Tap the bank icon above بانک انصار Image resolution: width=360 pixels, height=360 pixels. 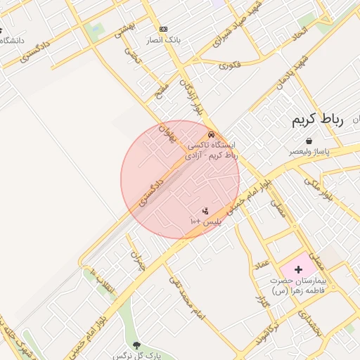point(164,29)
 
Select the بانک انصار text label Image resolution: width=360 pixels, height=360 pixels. point(165,39)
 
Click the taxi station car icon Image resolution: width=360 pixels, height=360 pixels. point(211,135)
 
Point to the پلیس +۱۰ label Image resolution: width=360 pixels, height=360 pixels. point(205,221)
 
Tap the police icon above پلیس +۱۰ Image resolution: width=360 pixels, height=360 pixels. point(205,211)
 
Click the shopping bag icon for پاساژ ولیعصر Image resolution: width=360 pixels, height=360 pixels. point(309,141)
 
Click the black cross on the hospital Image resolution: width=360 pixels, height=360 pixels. point(298,269)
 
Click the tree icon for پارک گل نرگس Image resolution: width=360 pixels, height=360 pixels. point(136,345)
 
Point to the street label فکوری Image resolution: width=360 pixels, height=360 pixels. point(229,65)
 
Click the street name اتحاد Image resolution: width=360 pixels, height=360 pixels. point(300,32)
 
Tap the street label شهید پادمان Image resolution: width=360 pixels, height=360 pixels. point(292,72)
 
